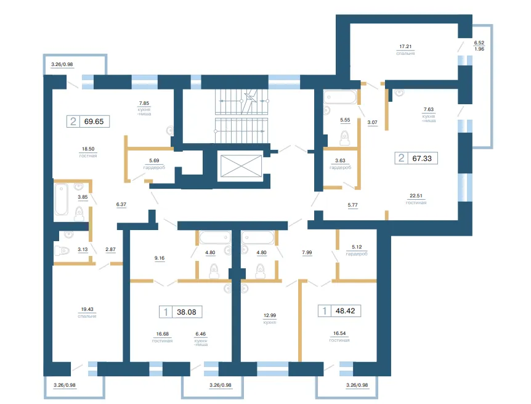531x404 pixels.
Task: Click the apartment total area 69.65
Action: click(x=94, y=122)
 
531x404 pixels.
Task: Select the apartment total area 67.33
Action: click(x=422, y=159)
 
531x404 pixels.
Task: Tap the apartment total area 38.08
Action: click(x=187, y=312)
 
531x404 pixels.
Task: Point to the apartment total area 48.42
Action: click(x=346, y=311)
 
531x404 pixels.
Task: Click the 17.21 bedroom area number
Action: click(x=405, y=46)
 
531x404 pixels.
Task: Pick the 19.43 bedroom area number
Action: click(x=87, y=309)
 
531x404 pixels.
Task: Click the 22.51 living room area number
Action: click(x=416, y=196)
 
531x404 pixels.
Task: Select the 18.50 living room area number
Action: click(x=88, y=149)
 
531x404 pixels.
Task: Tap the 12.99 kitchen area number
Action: click(x=270, y=315)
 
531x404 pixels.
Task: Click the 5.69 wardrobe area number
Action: click(x=154, y=160)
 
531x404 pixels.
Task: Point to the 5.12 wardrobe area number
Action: click(x=357, y=247)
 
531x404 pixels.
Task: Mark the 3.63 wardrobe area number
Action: click(x=340, y=160)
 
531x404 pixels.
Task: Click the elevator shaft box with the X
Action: click(x=241, y=166)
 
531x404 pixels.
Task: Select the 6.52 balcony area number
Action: click(x=479, y=43)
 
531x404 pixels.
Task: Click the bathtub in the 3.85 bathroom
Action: click(x=62, y=199)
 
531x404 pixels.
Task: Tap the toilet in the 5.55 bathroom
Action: click(x=344, y=138)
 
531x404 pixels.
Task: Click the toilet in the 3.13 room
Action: click(x=62, y=250)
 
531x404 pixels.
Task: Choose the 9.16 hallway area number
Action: click(x=160, y=258)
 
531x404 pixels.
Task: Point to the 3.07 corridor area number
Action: click(x=372, y=122)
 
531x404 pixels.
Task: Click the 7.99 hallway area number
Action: click(x=307, y=252)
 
